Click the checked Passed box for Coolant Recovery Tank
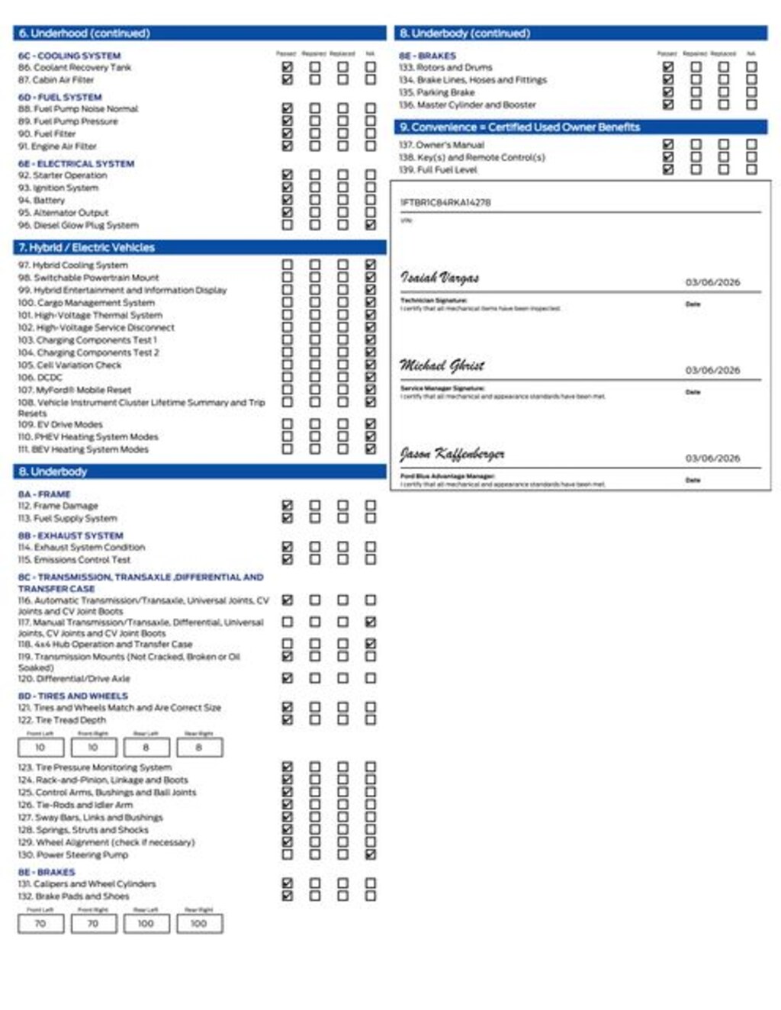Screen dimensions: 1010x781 pos(287,67)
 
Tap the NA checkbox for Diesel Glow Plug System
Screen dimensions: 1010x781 pos(371,225)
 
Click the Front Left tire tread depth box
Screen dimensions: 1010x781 pos(40,748)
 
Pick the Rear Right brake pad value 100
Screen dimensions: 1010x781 pos(199,924)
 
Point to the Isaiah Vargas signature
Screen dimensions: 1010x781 pos(440,278)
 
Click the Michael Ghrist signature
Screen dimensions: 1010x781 pos(442,365)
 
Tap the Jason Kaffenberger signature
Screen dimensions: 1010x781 pos(452,455)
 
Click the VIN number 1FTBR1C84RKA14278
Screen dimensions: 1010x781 pos(445,203)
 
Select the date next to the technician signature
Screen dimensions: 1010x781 pos(712,282)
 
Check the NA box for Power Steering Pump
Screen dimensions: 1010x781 pos(371,854)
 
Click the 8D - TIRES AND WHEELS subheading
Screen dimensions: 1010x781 pos(73,696)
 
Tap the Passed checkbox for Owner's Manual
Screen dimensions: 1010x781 pos(668,144)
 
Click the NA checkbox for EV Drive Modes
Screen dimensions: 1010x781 pos(371,424)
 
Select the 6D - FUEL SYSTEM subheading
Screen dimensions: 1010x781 pos(60,97)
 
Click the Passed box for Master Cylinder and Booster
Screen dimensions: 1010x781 pos(668,105)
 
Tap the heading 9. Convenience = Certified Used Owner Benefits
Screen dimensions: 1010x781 pos(520,127)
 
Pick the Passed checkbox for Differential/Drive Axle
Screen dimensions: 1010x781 pos(287,678)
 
